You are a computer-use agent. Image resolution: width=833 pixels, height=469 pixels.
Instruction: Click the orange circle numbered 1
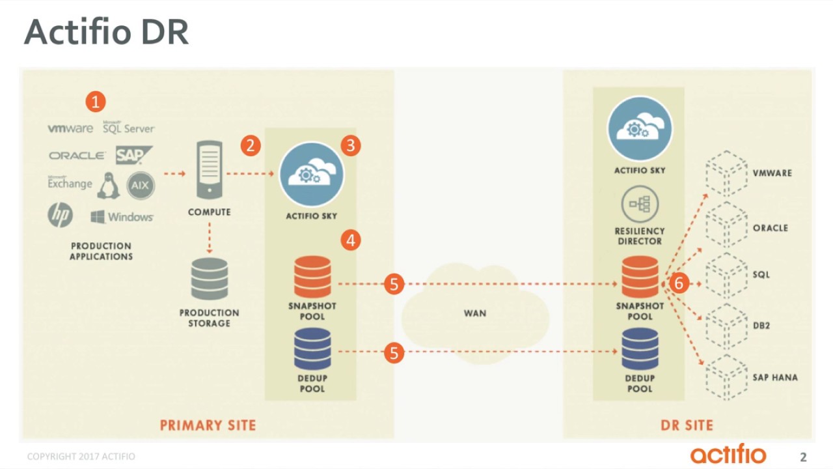(x=96, y=102)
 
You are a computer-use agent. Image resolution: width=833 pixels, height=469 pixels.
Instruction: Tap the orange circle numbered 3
(x=350, y=145)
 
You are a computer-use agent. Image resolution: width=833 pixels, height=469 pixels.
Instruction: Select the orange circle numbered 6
(x=679, y=283)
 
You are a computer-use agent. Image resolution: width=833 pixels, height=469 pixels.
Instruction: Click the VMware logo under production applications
(x=70, y=128)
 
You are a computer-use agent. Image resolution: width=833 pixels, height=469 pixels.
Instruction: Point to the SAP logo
(x=133, y=155)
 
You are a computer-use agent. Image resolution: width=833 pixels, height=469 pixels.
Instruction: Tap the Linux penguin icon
(x=108, y=186)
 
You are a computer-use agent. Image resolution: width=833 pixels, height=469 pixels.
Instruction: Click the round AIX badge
(x=140, y=186)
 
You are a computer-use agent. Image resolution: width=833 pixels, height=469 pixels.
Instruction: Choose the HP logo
(x=61, y=215)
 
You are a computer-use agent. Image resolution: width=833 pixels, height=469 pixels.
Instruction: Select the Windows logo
(x=122, y=217)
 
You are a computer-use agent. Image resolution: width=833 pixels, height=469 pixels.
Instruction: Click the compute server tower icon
(x=210, y=170)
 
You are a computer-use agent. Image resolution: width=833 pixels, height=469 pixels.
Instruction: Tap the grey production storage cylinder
(x=210, y=278)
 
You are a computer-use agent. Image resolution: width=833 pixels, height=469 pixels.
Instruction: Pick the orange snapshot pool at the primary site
(x=312, y=277)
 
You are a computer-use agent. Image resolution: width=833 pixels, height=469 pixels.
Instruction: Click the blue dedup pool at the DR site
(x=640, y=348)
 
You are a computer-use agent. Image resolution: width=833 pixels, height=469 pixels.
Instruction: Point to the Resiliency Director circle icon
(x=640, y=204)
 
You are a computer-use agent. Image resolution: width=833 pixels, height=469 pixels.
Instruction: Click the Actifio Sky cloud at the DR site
(x=640, y=129)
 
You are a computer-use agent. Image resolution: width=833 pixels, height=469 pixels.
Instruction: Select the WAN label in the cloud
(x=475, y=313)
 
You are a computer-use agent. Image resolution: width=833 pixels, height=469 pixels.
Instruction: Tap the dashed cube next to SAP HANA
(x=726, y=377)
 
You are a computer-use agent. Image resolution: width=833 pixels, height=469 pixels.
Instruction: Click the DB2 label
(x=761, y=326)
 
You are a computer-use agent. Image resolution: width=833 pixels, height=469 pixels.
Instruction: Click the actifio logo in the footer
(x=728, y=453)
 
